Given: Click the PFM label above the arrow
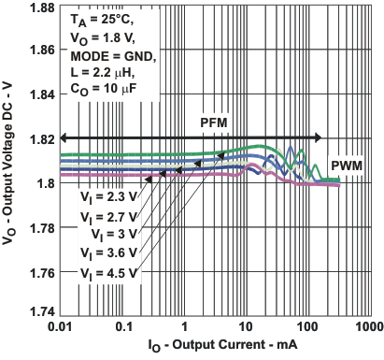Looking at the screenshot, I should pos(213,123).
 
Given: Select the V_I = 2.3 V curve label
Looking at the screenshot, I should pos(105,196).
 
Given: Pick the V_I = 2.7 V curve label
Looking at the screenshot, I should pos(105,215).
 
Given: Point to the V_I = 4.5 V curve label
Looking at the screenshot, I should pos(105,272).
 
